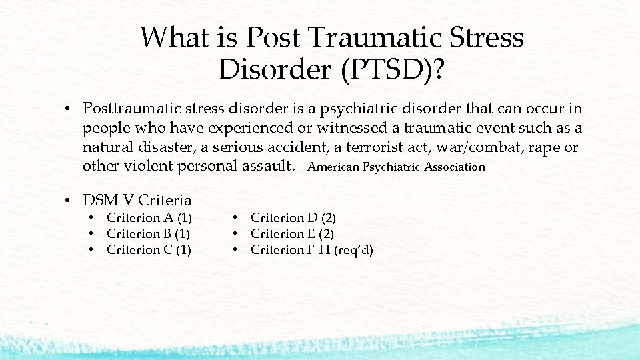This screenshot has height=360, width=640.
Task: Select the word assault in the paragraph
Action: [259, 166]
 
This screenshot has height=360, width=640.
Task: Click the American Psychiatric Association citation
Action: [397, 167]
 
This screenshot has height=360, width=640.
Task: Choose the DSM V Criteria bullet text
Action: [137, 200]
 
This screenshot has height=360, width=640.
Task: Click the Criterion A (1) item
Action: [149, 218]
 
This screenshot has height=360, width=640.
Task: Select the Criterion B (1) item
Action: [149, 234]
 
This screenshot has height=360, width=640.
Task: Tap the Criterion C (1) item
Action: [149, 250]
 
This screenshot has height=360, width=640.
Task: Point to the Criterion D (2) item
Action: [293, 218]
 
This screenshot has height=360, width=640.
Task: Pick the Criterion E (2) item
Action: [293, 234]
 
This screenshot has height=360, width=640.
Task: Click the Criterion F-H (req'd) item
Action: [312, 250]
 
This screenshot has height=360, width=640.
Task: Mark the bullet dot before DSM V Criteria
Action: [69, 201]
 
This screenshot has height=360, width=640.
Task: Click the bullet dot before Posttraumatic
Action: [69, 109]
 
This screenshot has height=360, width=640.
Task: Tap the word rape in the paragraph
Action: [545, 147]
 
